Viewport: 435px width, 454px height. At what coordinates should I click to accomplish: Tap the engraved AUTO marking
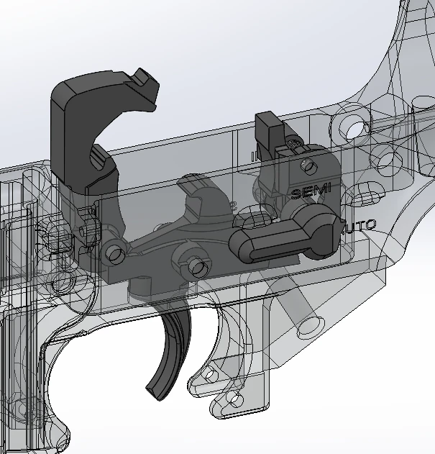click(x=358, y=226)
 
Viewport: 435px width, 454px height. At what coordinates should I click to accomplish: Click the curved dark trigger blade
click(x=168, y=353)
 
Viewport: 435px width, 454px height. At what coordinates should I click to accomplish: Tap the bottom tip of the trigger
click(x=157, y=392)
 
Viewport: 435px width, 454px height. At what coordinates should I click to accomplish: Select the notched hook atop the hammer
click(x=147, y=81)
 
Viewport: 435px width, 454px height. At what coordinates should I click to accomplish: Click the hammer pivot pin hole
click(x=112, y=253)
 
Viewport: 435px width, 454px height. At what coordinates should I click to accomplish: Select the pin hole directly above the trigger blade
click(x=194, y=267)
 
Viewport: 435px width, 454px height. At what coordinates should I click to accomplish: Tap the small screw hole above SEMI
click(x=310, y=167)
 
